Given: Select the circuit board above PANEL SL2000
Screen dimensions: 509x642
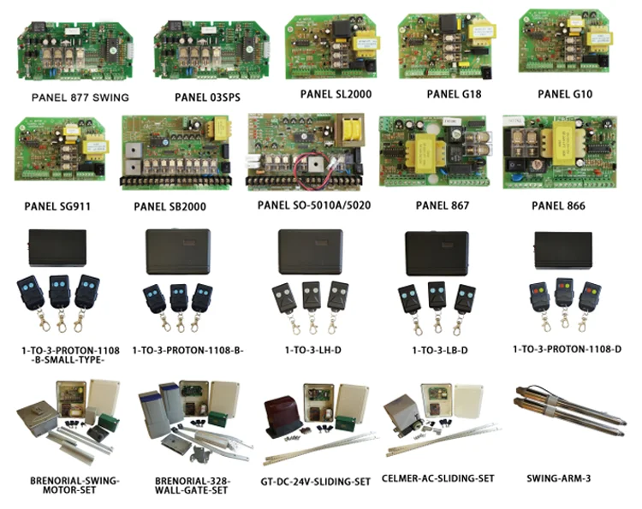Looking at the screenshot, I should click(335, 45).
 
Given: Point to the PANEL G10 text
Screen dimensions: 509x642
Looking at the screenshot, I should click(565, 93).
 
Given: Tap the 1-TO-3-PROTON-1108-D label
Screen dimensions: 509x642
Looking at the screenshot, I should click(566, 349).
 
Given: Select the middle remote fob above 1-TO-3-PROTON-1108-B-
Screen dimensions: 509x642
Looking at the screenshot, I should click(179, 298).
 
